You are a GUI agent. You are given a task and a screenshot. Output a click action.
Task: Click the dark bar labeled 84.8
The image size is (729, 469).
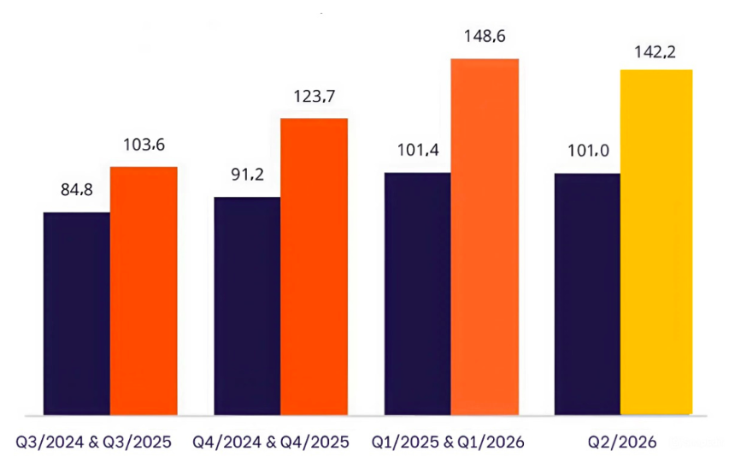pyautogui.click(x=76, y=313)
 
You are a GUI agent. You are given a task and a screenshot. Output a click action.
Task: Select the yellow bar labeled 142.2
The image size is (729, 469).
pyautogui.click(x=656, y=242)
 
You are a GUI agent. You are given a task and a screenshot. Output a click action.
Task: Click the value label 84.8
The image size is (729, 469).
pyautogui.click(x=76, y=190)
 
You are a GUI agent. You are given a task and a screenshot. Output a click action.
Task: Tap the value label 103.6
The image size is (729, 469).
pyautogui.click(x=144, y=145)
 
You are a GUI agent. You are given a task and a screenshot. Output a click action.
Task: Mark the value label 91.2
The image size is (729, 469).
pyautogui.click(x=247, y=175)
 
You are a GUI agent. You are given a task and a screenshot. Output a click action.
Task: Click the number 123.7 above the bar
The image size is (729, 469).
pyautogui.click(x=315, y=97)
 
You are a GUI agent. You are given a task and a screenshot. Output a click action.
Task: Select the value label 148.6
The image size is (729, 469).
pyautogui.click(x=485, y=38)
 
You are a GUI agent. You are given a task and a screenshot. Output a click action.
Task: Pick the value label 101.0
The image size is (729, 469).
pyautogui.click(x=587, y=151)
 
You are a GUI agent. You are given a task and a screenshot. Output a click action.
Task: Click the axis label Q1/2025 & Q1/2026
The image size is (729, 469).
pyautogui.click(x=448, y=442)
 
